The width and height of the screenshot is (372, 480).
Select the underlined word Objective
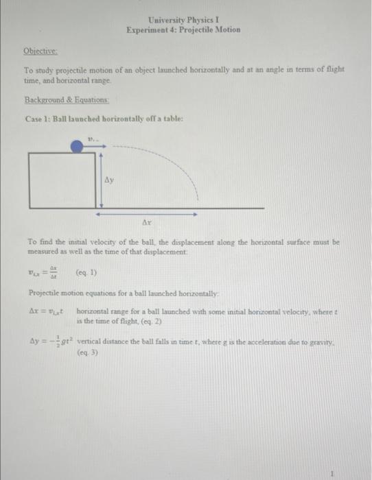(x=40, y=51)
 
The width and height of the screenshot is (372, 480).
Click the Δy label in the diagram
(x=108, y=181)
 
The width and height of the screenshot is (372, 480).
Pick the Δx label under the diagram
(x=146, y=224)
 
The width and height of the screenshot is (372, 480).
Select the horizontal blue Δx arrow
(x=147, y=214)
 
